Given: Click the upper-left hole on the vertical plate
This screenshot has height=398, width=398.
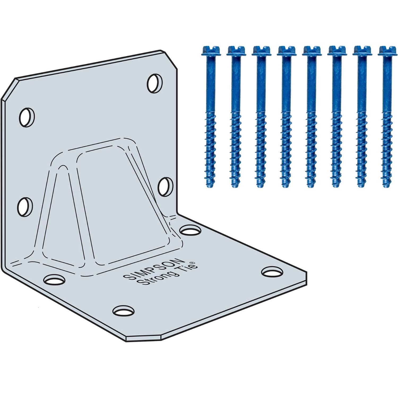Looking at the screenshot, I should (x=27, y=117).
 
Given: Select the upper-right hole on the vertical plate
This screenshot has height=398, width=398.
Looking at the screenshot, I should (x=155, y=83).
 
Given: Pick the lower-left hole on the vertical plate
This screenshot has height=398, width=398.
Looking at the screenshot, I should (x=25, y=206).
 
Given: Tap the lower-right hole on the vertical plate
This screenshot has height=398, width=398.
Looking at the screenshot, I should (x=165, y=187).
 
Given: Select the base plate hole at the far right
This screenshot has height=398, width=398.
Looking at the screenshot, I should (x=272, y=271).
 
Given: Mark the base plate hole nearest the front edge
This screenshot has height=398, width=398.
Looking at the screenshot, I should (x=123, y=310).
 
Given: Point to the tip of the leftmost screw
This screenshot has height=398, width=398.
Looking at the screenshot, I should (x=209, y=186).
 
